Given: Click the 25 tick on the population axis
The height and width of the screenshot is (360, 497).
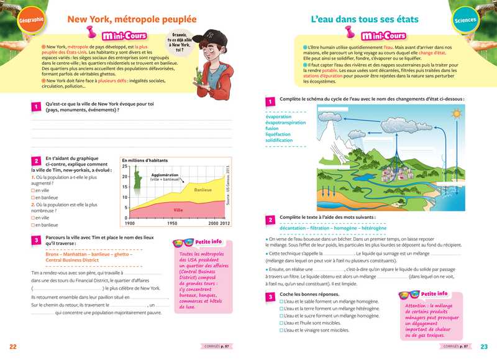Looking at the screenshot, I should (125, 167).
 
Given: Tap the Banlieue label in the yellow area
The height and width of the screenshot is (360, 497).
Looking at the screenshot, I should (203, 190).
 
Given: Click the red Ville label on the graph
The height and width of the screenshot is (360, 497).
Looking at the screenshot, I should (178, 210).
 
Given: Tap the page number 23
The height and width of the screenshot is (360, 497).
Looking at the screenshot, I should (485, 346).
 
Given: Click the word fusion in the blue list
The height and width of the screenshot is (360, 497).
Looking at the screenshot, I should (272, 129).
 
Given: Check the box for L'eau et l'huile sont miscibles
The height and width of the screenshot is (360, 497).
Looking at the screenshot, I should (282, 323).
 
